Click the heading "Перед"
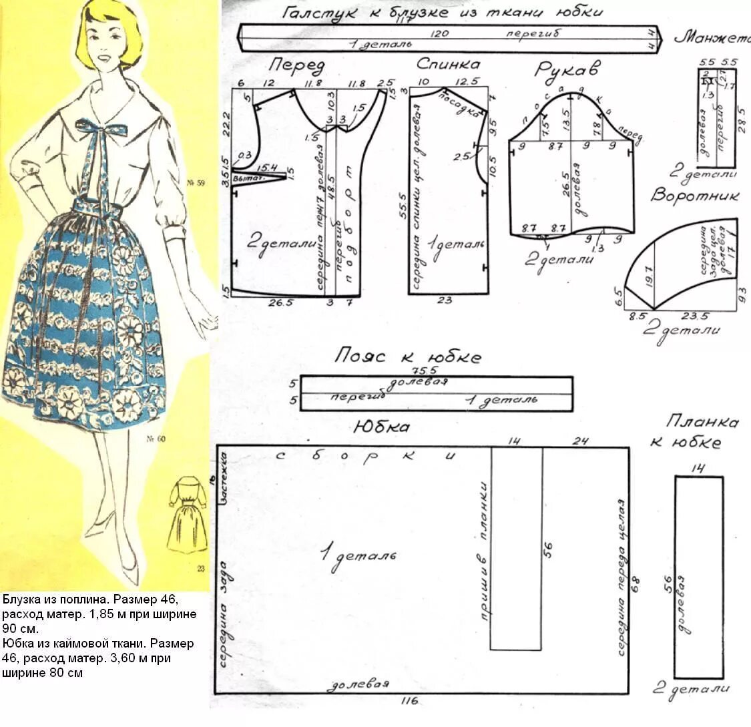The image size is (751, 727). click(297, 67)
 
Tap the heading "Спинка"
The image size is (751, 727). click(448, 65)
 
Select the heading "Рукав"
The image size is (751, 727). click(567, 70)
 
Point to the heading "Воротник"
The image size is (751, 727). click(696, 196)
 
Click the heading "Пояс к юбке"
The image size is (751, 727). click(408, 356)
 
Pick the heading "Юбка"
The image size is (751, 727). click(381, 427)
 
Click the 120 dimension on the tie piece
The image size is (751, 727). click(439, 34)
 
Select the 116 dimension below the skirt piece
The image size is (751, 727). click(409, 701)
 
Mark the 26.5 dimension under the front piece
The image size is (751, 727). click(280, 302)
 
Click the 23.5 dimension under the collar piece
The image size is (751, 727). click(694, 316)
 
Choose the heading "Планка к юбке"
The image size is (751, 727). click(701, 432)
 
